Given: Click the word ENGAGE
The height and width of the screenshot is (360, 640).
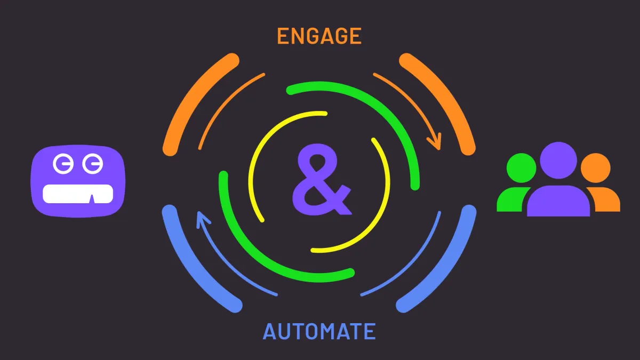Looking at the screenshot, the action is (319, 36).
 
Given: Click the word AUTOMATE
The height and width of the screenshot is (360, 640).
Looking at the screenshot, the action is (319, 331).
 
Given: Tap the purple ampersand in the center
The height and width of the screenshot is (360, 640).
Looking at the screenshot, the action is (322, 179).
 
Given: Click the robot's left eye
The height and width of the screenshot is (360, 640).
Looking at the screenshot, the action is (63, 164).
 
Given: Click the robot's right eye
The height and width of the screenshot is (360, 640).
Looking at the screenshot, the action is (93, 164).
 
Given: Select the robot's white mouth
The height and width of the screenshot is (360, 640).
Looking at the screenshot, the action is (78, 194).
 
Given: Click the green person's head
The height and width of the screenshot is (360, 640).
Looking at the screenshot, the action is (521, 168).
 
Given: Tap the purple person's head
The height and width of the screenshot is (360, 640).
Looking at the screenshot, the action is (558, 161).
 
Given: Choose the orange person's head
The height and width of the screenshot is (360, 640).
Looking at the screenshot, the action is (595, 168).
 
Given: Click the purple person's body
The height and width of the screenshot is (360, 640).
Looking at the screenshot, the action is (558, 201).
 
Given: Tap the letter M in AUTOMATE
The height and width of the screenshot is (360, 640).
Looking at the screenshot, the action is (326, 331).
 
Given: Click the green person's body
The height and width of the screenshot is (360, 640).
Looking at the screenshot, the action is (511, 199).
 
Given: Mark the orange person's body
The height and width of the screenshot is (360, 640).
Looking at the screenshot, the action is (605, 199).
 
